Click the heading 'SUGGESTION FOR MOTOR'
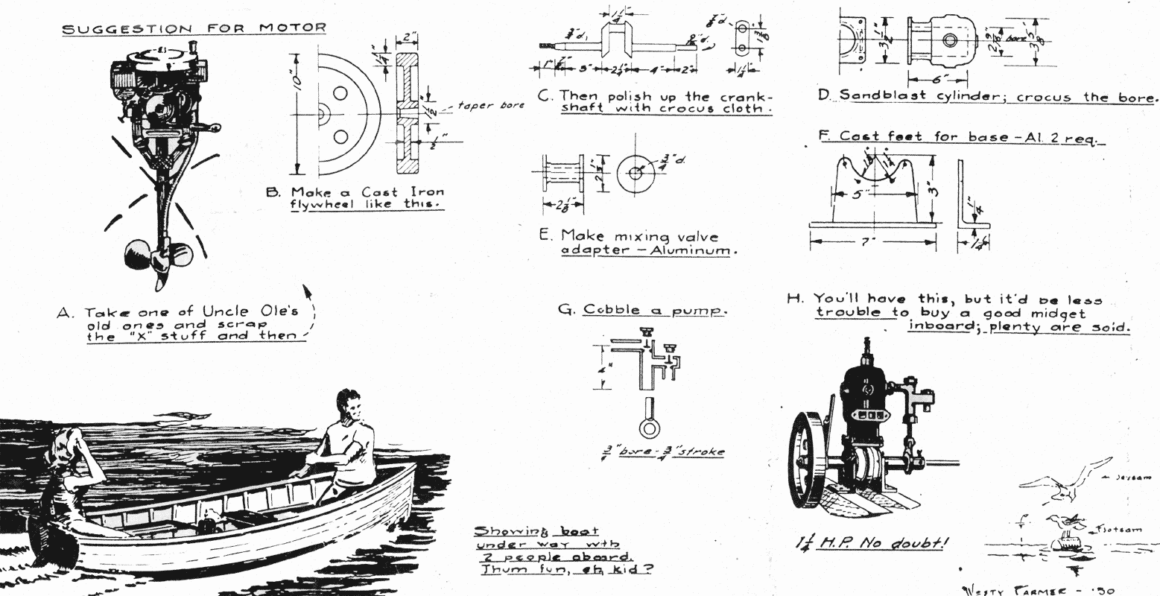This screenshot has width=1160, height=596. coord(194,28)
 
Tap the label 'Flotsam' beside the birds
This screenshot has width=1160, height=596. coord(1115,530)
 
